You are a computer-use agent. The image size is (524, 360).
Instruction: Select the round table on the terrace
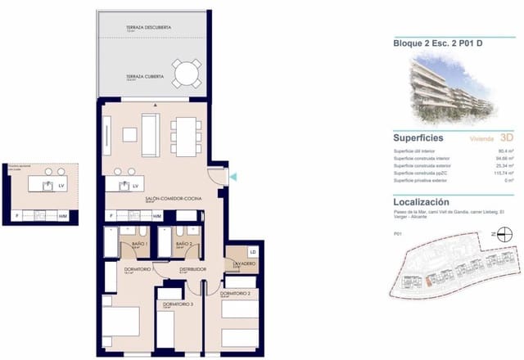[x=186, y=75]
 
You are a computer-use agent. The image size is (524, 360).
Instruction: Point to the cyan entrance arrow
[x=233, y=177]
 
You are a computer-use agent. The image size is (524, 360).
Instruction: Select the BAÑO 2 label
[x=184, y=244]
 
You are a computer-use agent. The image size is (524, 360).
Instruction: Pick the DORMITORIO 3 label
[x=178, y=304]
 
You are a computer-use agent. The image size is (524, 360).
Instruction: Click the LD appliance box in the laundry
[x=253, y=252]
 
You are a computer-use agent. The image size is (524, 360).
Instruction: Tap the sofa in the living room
[x=150, y=134]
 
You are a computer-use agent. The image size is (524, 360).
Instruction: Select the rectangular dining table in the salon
[x=186, y=136]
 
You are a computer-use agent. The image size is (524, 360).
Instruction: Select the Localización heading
[x=421, y=201]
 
